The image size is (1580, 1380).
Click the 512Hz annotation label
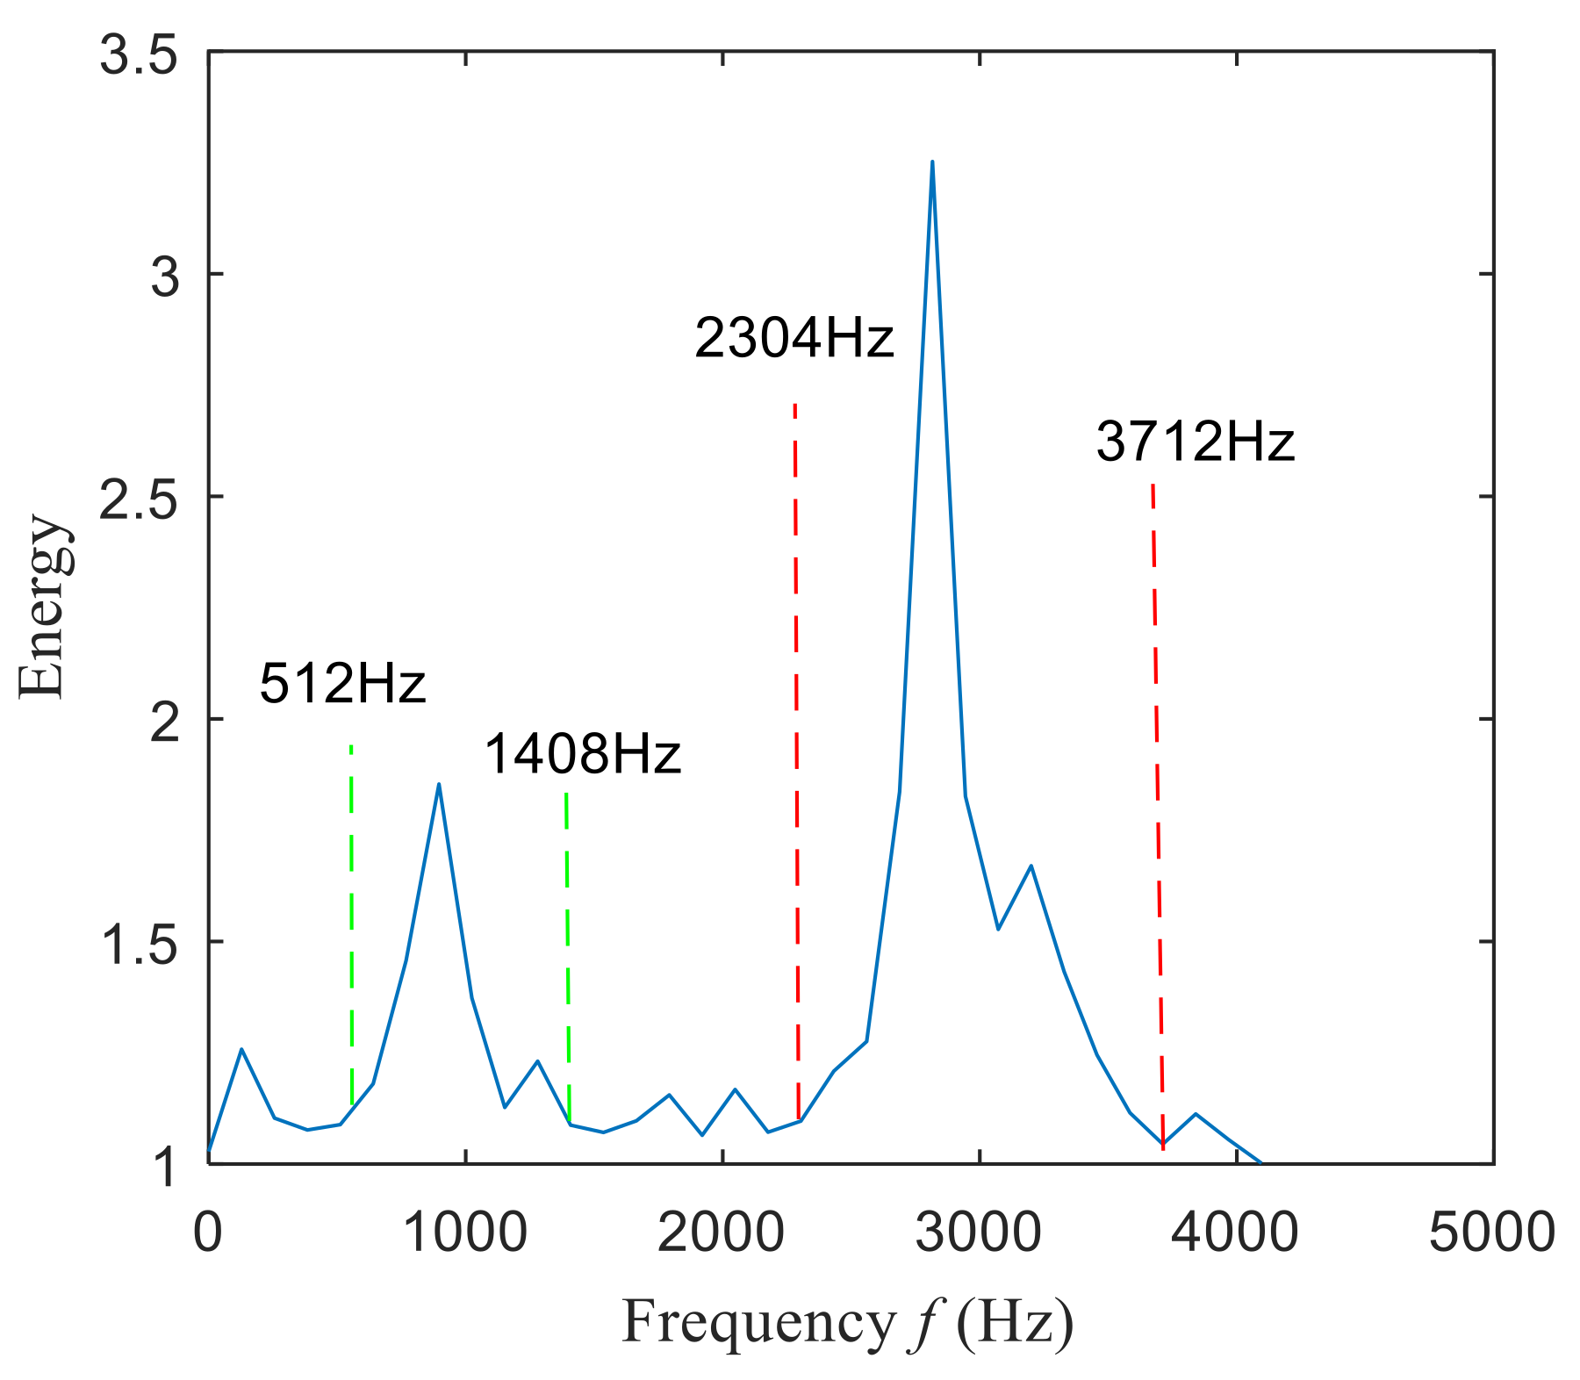point(342,684)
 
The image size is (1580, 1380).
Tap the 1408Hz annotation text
point(582,754)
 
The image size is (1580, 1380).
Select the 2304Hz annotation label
point(794,339)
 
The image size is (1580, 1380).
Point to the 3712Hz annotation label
point(1195,442)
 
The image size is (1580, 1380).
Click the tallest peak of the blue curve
point(932,162)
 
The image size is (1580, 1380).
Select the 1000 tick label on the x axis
point(465,1232)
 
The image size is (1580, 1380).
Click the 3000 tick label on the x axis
point(979,1232)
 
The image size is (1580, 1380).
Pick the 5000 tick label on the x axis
point(1492,1232)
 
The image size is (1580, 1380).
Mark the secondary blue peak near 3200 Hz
point(1031,866)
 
